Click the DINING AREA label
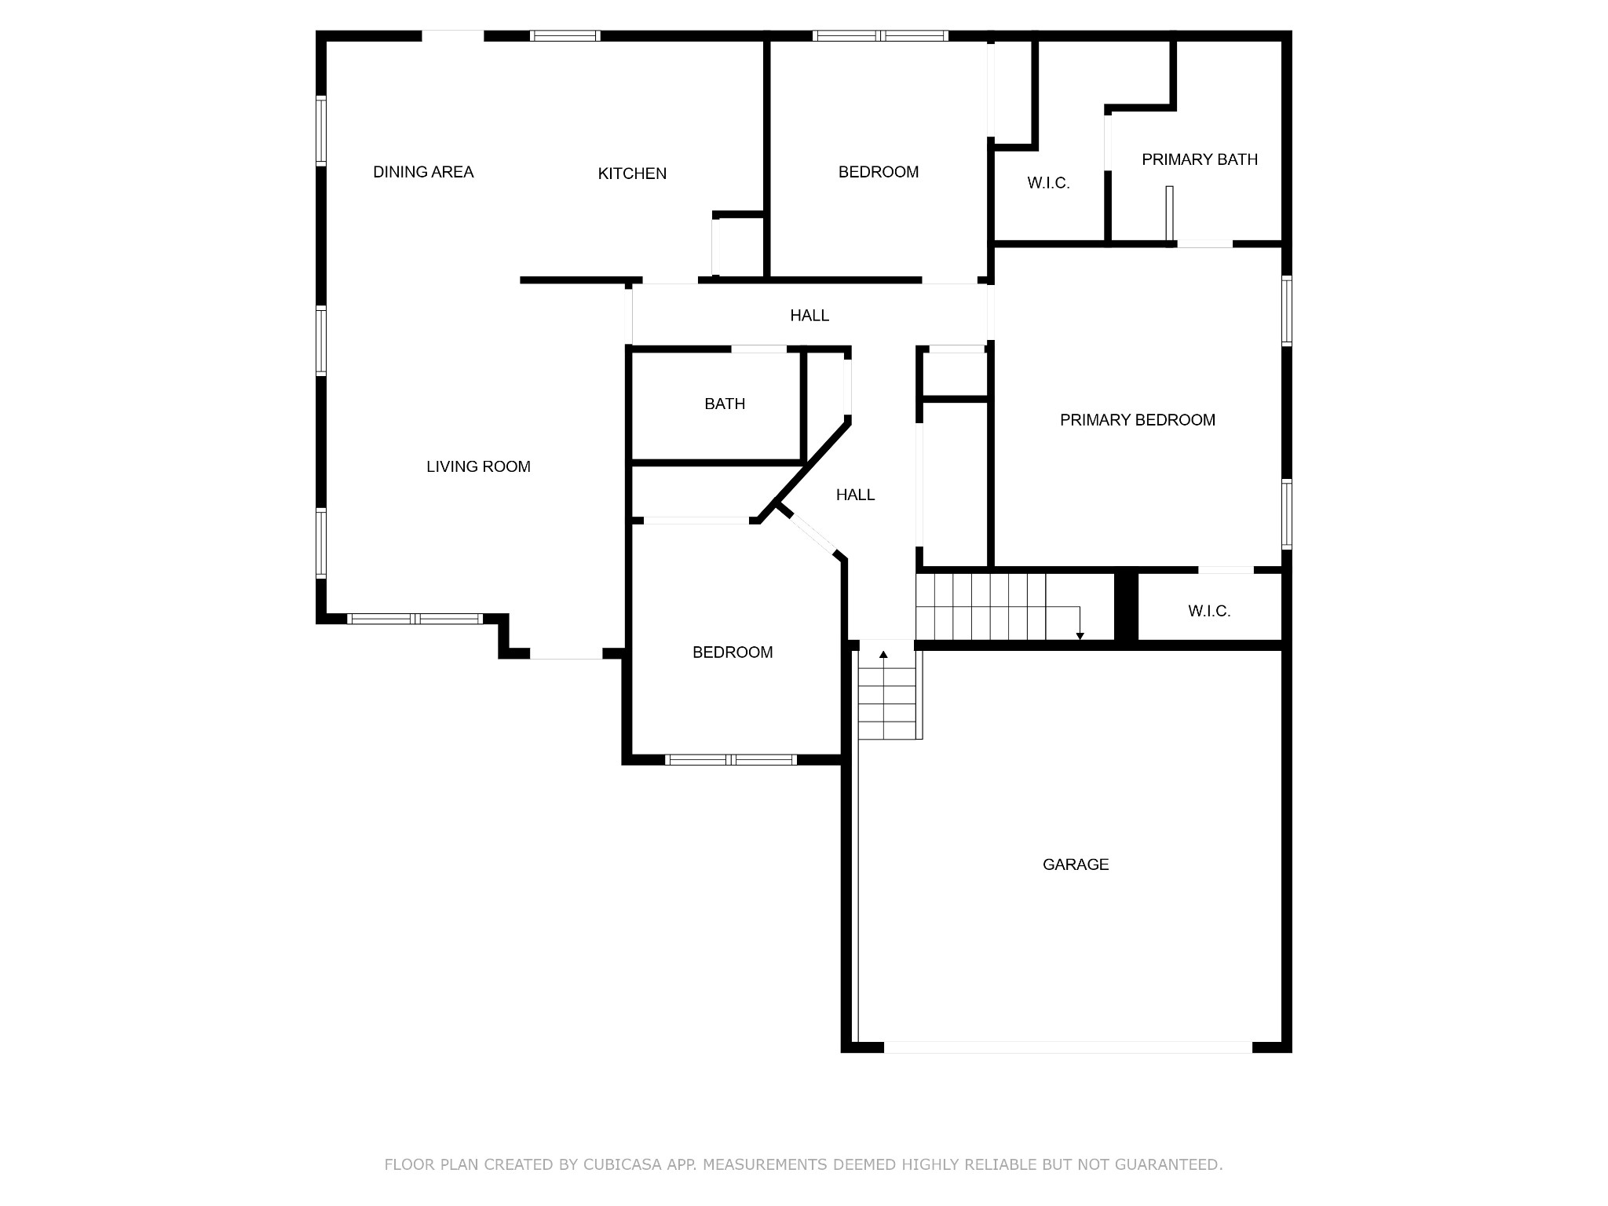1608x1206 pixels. coord(423,172)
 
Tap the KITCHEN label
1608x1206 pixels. coord(632,174)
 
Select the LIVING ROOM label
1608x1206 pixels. coord(478,466)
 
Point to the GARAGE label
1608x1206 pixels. coord(1076,864)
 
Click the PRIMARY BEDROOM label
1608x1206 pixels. coord(1138,420)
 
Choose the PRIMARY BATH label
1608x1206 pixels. coord(1200,159)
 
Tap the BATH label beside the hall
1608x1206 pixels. coord(725,404)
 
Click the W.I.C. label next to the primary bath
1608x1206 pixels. coord(1049,183)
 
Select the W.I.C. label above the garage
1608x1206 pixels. coord(1209,611)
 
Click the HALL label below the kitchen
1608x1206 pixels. coord(809,316)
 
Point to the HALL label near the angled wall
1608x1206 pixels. coord(855,495)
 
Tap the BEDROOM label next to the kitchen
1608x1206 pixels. coord(879,172)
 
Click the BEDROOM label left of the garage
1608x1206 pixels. coord(733,652)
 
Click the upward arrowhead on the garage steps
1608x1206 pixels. coord(883,654)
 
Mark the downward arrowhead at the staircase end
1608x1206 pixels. coord(1080,636)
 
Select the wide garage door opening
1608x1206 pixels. coord(1068,1047)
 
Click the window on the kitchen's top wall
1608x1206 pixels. coord(565,35)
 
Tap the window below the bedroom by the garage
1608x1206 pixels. coord(731,760)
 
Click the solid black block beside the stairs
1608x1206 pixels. coord(1127,608)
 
